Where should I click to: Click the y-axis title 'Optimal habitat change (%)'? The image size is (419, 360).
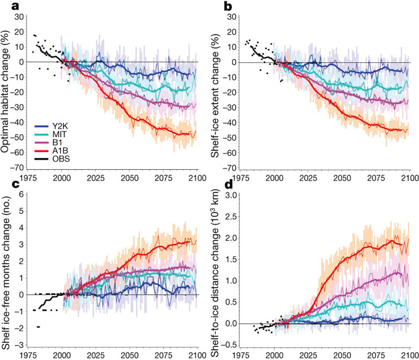coord(6,92)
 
